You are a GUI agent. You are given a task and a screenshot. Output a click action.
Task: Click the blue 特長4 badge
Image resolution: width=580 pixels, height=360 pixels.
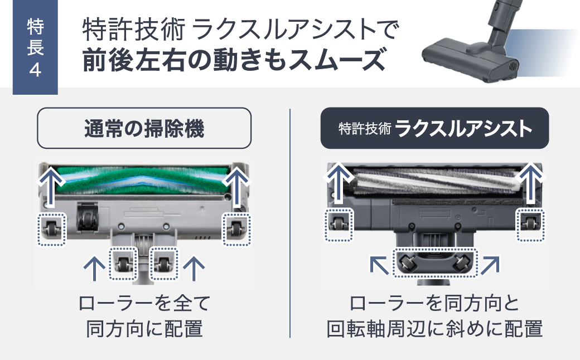tap(35, 48)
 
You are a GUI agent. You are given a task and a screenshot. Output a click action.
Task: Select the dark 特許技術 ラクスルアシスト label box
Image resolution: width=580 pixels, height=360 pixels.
tap(434, 129)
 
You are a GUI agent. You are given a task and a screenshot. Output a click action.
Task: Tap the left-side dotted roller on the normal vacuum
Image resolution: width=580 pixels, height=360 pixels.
tap(52, 228)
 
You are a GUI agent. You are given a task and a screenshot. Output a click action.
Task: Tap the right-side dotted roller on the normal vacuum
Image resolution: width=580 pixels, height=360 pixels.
tap(236, 228)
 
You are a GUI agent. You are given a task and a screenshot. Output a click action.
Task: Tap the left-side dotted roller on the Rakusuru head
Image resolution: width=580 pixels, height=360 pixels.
tap(339, 224)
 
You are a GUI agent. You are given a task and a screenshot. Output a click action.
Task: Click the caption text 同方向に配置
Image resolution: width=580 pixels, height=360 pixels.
tap(144, 329)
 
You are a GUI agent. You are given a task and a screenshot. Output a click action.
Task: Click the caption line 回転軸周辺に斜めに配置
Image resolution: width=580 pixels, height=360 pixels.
tap(434, 329)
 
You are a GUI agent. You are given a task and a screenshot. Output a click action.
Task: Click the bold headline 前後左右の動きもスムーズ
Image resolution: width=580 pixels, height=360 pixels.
tap(234, 60)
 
